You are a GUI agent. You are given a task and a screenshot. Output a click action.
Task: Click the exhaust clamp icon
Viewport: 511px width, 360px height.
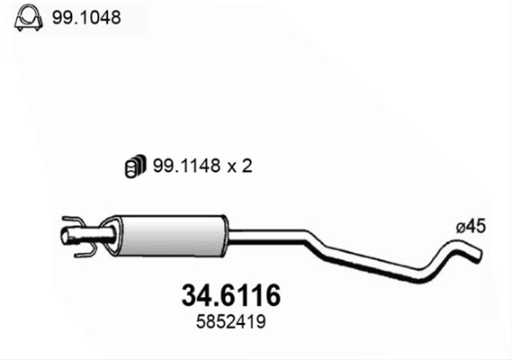tap(29, 18)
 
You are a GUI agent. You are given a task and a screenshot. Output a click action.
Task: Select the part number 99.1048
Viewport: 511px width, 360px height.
tap(86, 18)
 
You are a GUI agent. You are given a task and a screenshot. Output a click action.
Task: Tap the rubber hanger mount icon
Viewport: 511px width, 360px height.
tap(135, 166)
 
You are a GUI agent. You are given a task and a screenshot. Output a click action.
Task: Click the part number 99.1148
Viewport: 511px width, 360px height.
tap(187, 166)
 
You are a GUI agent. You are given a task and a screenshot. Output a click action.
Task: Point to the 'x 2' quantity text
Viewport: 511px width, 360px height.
tap(240, 166)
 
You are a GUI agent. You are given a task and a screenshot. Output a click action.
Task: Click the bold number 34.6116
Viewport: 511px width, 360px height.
tap(230, 295)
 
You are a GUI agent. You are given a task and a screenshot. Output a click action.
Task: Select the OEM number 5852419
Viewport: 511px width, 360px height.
tap(230, 322)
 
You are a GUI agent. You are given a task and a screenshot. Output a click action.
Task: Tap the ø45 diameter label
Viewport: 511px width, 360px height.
tap(471, 226)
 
